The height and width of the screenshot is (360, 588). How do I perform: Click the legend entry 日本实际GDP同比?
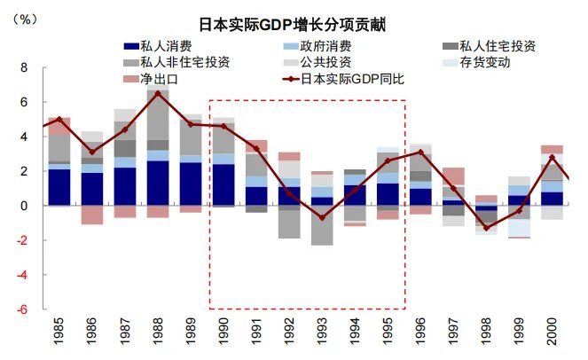[355, 79]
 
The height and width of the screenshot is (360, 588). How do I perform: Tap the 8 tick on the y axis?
[24, 67]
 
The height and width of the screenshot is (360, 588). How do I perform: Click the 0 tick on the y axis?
[24, 206]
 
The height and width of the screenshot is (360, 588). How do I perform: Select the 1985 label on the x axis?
[59, 335]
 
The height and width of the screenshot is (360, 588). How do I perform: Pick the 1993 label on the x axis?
[322, 335]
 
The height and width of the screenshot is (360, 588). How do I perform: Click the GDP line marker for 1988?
[158, 93]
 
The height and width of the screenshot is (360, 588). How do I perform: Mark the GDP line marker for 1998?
[486, 228]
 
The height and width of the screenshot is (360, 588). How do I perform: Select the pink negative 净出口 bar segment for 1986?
[92, 215]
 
